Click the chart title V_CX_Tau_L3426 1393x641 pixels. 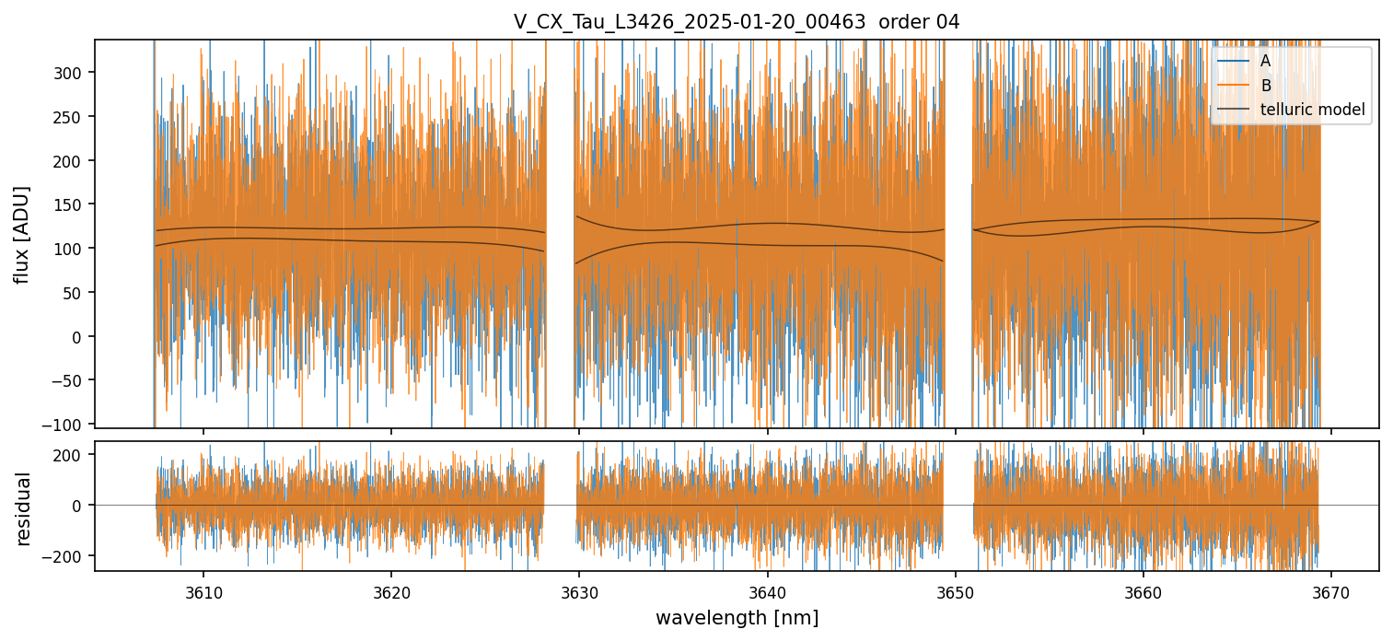737,22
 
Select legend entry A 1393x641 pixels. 1265,61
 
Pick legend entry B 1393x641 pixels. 1265,86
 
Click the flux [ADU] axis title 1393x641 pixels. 22,234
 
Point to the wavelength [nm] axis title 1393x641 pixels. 737,617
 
